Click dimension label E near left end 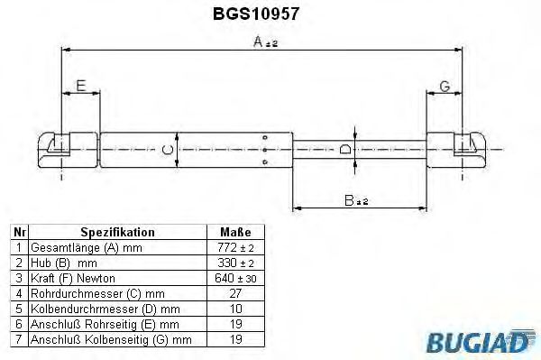click(x=81, y=86)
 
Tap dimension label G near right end click(x=444, y=87)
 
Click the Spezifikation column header click(x=117, y=232)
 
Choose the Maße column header click(x=235, y=232)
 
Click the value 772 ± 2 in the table click(x=236, y=247)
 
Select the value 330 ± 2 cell click(x=236, y=263)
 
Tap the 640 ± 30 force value click(x=236, y=278)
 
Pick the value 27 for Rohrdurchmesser click(x=236, y=293)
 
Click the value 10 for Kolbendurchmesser click(x=236, y=309)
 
